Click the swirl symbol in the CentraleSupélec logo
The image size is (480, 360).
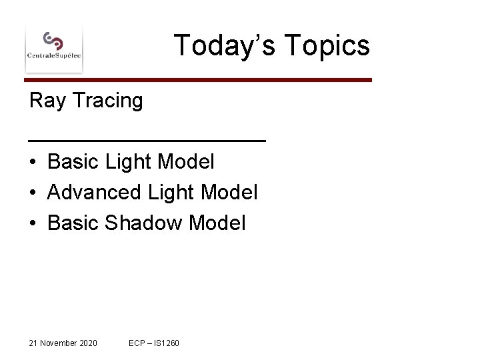53,41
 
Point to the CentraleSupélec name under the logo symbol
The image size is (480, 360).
53,56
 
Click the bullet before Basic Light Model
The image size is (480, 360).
33,162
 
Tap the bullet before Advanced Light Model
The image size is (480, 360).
33,193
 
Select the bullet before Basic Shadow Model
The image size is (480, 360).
33,223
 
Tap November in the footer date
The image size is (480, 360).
58,343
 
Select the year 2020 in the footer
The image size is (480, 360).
88,343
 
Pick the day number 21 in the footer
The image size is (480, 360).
33,343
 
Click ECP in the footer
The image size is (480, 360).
138,343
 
